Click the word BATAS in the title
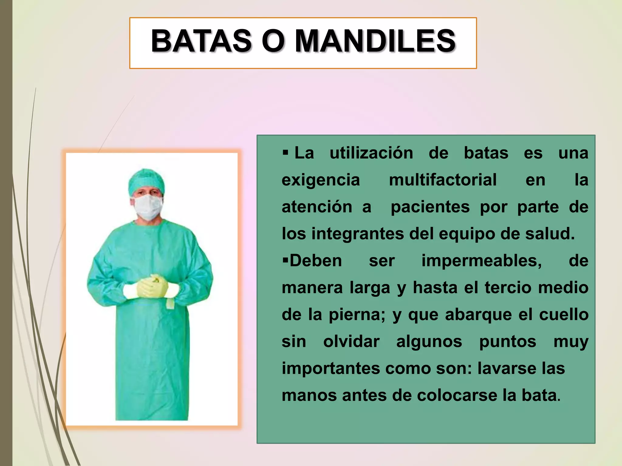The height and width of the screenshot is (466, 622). [x=201, y=41]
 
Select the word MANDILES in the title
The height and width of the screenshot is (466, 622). [x=375, y=41]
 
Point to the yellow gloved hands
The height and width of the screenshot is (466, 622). [x=152, y=286]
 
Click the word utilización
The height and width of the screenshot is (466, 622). [x=371, y=153]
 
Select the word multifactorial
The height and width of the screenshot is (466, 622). [x=443, y=180]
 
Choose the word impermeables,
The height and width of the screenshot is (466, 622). [x=481, y=261]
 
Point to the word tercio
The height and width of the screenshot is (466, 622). [x=508, y=288]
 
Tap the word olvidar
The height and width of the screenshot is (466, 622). [x=351, y=342]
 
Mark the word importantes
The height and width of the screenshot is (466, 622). [x=331, y=369]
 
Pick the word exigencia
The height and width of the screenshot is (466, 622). [x=321, y=180]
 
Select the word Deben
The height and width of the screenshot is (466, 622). [x=316, y=261]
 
